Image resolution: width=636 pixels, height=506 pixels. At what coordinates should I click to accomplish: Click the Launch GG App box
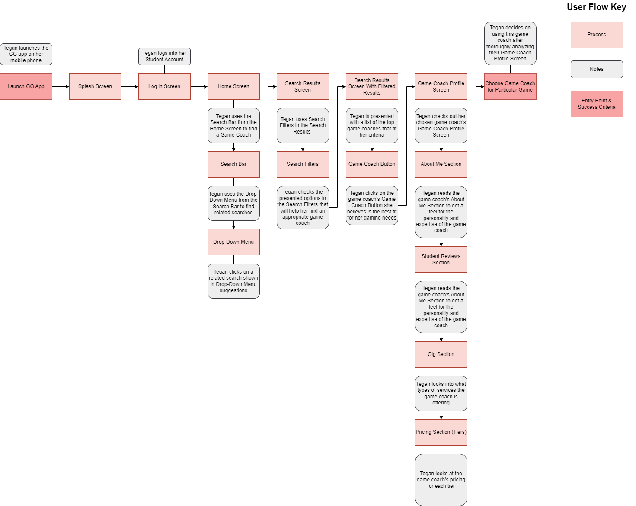26,86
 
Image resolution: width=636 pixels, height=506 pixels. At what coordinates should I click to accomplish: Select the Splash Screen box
95,86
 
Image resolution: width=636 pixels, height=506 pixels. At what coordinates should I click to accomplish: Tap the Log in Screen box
164,86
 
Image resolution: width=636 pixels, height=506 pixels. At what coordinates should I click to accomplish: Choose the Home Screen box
233,86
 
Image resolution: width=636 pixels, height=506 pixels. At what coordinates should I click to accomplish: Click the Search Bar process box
233,164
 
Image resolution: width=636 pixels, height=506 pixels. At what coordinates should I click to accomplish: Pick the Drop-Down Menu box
233,242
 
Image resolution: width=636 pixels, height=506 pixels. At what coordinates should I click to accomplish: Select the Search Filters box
303,164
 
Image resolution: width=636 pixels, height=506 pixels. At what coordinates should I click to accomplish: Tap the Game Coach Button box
372,164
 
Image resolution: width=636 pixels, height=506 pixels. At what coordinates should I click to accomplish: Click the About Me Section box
441,164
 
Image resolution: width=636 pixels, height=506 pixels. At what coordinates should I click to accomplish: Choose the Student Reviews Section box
441,259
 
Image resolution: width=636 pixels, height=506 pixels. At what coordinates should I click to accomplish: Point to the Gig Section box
441,354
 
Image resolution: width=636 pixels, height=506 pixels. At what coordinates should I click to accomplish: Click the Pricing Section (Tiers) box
441,432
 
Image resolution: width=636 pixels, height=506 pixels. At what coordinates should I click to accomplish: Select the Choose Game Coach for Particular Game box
510,86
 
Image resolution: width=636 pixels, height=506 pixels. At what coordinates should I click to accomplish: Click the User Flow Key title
596,7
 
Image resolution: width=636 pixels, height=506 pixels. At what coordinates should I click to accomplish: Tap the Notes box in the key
597,69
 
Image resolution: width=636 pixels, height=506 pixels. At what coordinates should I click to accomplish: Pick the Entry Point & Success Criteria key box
597,104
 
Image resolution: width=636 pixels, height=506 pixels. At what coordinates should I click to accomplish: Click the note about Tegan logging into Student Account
164,56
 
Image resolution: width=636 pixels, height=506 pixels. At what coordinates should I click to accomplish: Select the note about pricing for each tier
441,480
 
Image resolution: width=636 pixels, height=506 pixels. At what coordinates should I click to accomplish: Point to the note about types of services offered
441,393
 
